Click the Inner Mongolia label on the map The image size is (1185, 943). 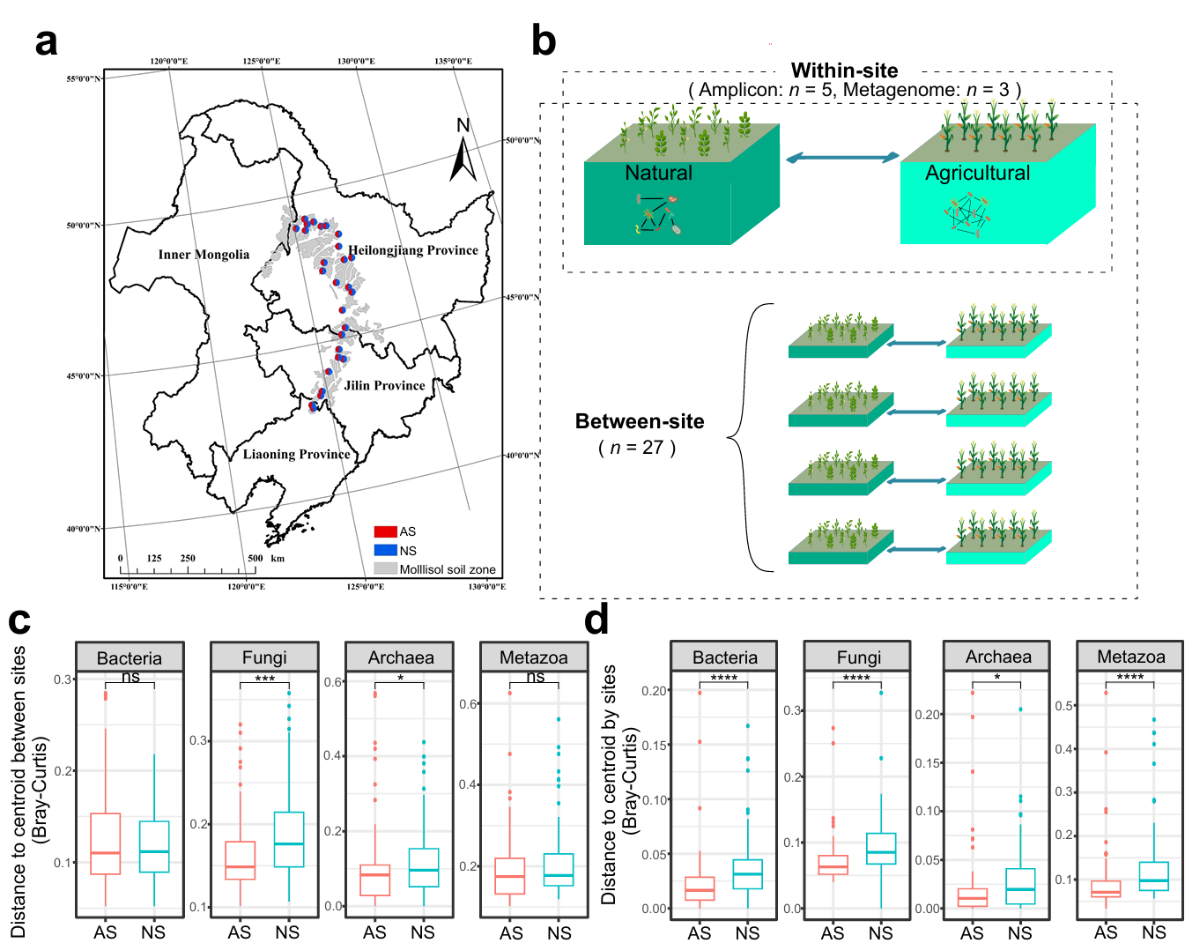coord(204,255)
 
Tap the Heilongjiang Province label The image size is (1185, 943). coord(413,250)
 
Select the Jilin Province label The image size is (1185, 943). coord(384,385)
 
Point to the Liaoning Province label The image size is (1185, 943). coord(296,454)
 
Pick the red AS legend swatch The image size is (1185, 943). coord(385,531)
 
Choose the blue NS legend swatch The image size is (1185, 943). coord(385,551)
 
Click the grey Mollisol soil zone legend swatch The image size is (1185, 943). coord(385,569)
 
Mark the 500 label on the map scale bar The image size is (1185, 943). coord(256,558)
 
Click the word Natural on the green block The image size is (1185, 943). coord(658,173)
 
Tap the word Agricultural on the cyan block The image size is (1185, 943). coord(977,173)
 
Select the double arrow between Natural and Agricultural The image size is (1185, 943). coord(842,158)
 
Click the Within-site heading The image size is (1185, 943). coord(844,71)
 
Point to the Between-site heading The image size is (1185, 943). coord(640,421)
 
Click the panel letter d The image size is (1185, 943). coord(596,620)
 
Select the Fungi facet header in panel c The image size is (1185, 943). coord(264,657)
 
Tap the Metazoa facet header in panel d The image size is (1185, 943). coord(1130,657)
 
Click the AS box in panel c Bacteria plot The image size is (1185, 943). coord(105,843)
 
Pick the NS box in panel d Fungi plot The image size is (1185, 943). coord(881,848)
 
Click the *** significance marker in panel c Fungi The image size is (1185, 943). coord(264,679)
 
